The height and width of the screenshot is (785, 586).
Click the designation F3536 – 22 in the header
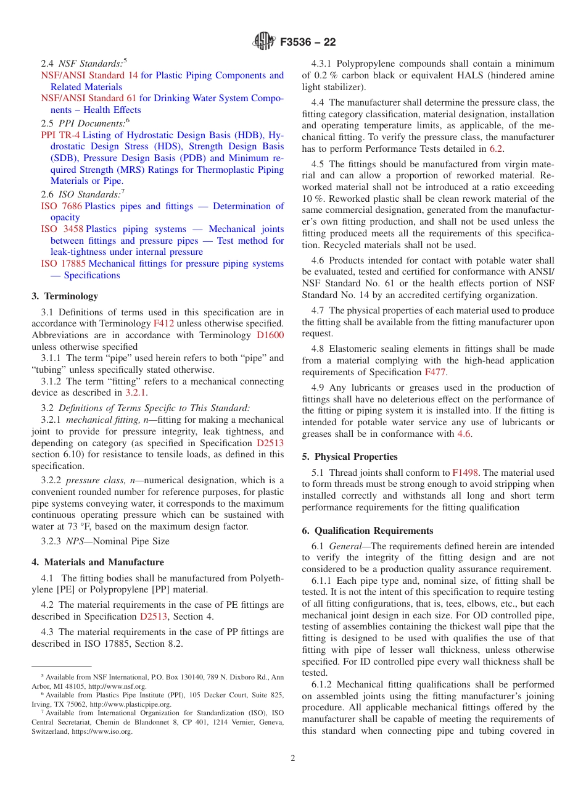pos(308,43)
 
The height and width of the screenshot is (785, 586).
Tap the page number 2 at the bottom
pos(293,758)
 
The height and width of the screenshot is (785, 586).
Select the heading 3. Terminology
pos(65,296)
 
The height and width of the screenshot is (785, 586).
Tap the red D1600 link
pos(270,335)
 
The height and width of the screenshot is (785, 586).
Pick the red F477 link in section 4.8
pos(432,372)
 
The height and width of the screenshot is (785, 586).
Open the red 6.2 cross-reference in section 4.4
pos(496,148)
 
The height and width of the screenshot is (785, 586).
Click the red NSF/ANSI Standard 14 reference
pos(89,75)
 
